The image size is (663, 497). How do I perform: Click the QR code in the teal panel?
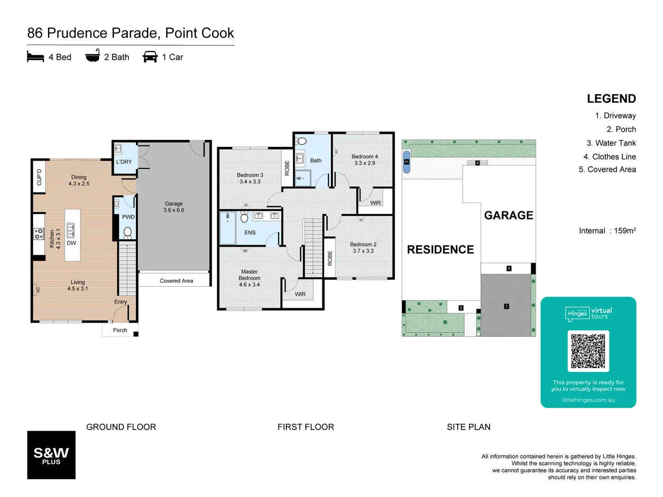[x=588, y=351]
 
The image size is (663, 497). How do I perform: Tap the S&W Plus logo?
[x=51, y=455]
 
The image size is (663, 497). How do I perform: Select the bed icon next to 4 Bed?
[x=35, y=57]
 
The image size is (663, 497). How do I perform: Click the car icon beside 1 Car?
[x=150, y=57]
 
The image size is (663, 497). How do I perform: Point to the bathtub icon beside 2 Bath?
[x=93, y=56]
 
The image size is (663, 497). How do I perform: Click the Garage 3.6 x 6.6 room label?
[x=174, y=207]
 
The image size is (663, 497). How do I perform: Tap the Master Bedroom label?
[x=250, y=278]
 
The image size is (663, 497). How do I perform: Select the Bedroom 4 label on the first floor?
[x=365, y=160]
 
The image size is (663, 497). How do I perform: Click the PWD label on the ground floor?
[x=128, y=217]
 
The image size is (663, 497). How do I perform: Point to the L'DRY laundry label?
[x=124, y=162]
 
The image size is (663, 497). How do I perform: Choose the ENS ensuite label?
[x=250, y=233]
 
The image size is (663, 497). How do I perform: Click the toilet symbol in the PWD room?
[x=128, y=232]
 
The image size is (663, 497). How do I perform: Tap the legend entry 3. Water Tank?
[x=611, y=143]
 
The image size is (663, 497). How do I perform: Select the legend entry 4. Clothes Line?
[x=610, y=157]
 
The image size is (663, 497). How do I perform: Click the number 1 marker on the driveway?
[x=506, y=306]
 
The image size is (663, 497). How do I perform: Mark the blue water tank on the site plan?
[x=407, y=162]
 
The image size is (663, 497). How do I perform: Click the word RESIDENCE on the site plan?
[x=440, y=250]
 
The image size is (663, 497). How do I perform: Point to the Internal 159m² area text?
[x=607, y=231]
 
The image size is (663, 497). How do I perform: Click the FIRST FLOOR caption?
[x=306, y=427]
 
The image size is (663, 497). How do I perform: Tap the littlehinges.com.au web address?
[x=588, y=400]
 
